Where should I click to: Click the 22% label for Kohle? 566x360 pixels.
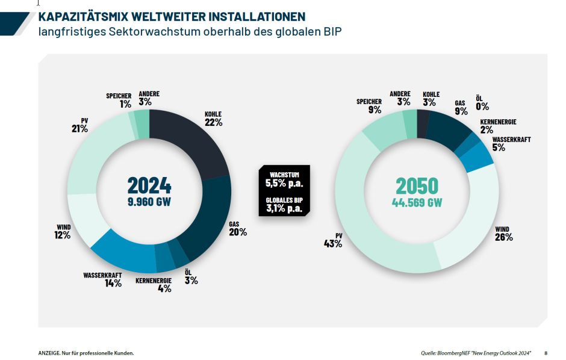[214, 122]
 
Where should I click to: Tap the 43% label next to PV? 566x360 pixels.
[332, 244]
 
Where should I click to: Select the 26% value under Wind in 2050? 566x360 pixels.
[504, 237]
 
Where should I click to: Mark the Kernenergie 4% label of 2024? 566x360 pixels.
[164, 288]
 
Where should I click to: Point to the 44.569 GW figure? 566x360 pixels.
[417, 202]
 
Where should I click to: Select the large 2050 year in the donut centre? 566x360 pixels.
[417, 185]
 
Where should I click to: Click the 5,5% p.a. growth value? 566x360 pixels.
[284, 182]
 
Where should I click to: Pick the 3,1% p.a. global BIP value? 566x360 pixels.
[284, 209]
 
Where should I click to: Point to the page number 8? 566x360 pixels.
[546, 353]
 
